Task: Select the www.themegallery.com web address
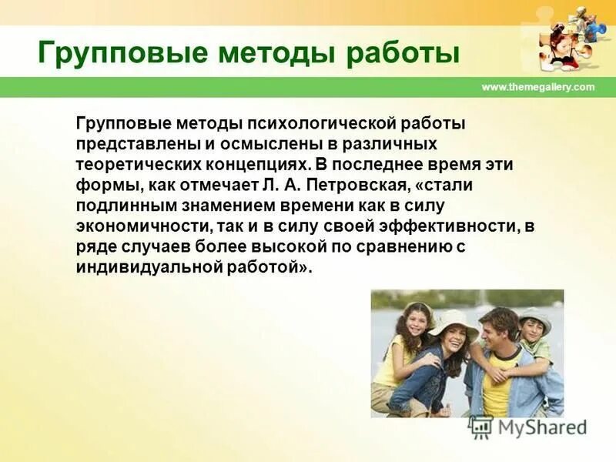(538, 87)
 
